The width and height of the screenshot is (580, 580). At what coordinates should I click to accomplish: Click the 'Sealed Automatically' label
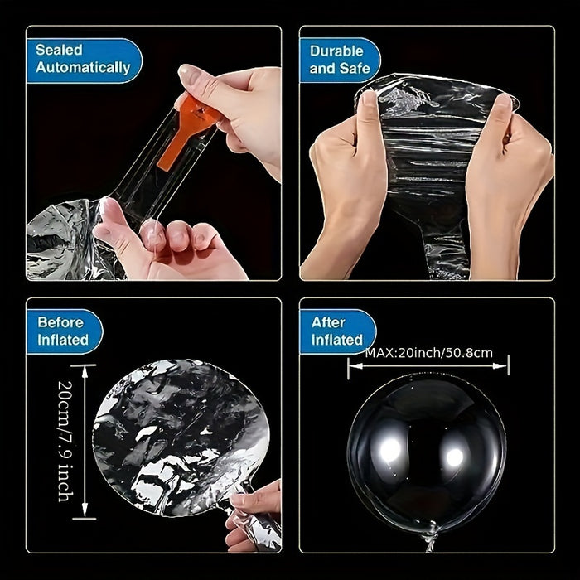[x=83, y=60]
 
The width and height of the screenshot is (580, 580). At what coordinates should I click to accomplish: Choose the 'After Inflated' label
[x=337, y=331]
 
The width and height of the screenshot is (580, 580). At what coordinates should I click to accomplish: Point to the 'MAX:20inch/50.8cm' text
[x=428, y=353]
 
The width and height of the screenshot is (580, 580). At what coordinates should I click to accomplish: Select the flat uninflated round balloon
[x=174, y=435]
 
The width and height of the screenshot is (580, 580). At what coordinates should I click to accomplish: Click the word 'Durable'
[x=337, y=51]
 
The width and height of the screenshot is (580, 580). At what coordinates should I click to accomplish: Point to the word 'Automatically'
[x=83, y=69]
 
